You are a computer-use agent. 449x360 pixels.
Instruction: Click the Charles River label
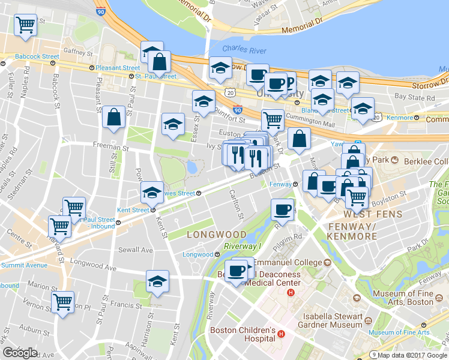pyautogui.click(x=240, y=49)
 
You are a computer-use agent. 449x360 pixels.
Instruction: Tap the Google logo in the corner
pyautogui.click(x=20, y=353)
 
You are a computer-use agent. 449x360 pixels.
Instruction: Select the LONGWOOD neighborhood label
pyautogui.click(x=216, y=234)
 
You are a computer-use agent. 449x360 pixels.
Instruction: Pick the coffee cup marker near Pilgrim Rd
pyautogui.click(x=282, y=209)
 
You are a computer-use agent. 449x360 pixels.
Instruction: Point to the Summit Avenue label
pyautogui.click(x=24, y=265)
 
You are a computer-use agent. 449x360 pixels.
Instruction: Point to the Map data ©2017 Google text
pyautogui.click(x=412, y=355)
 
